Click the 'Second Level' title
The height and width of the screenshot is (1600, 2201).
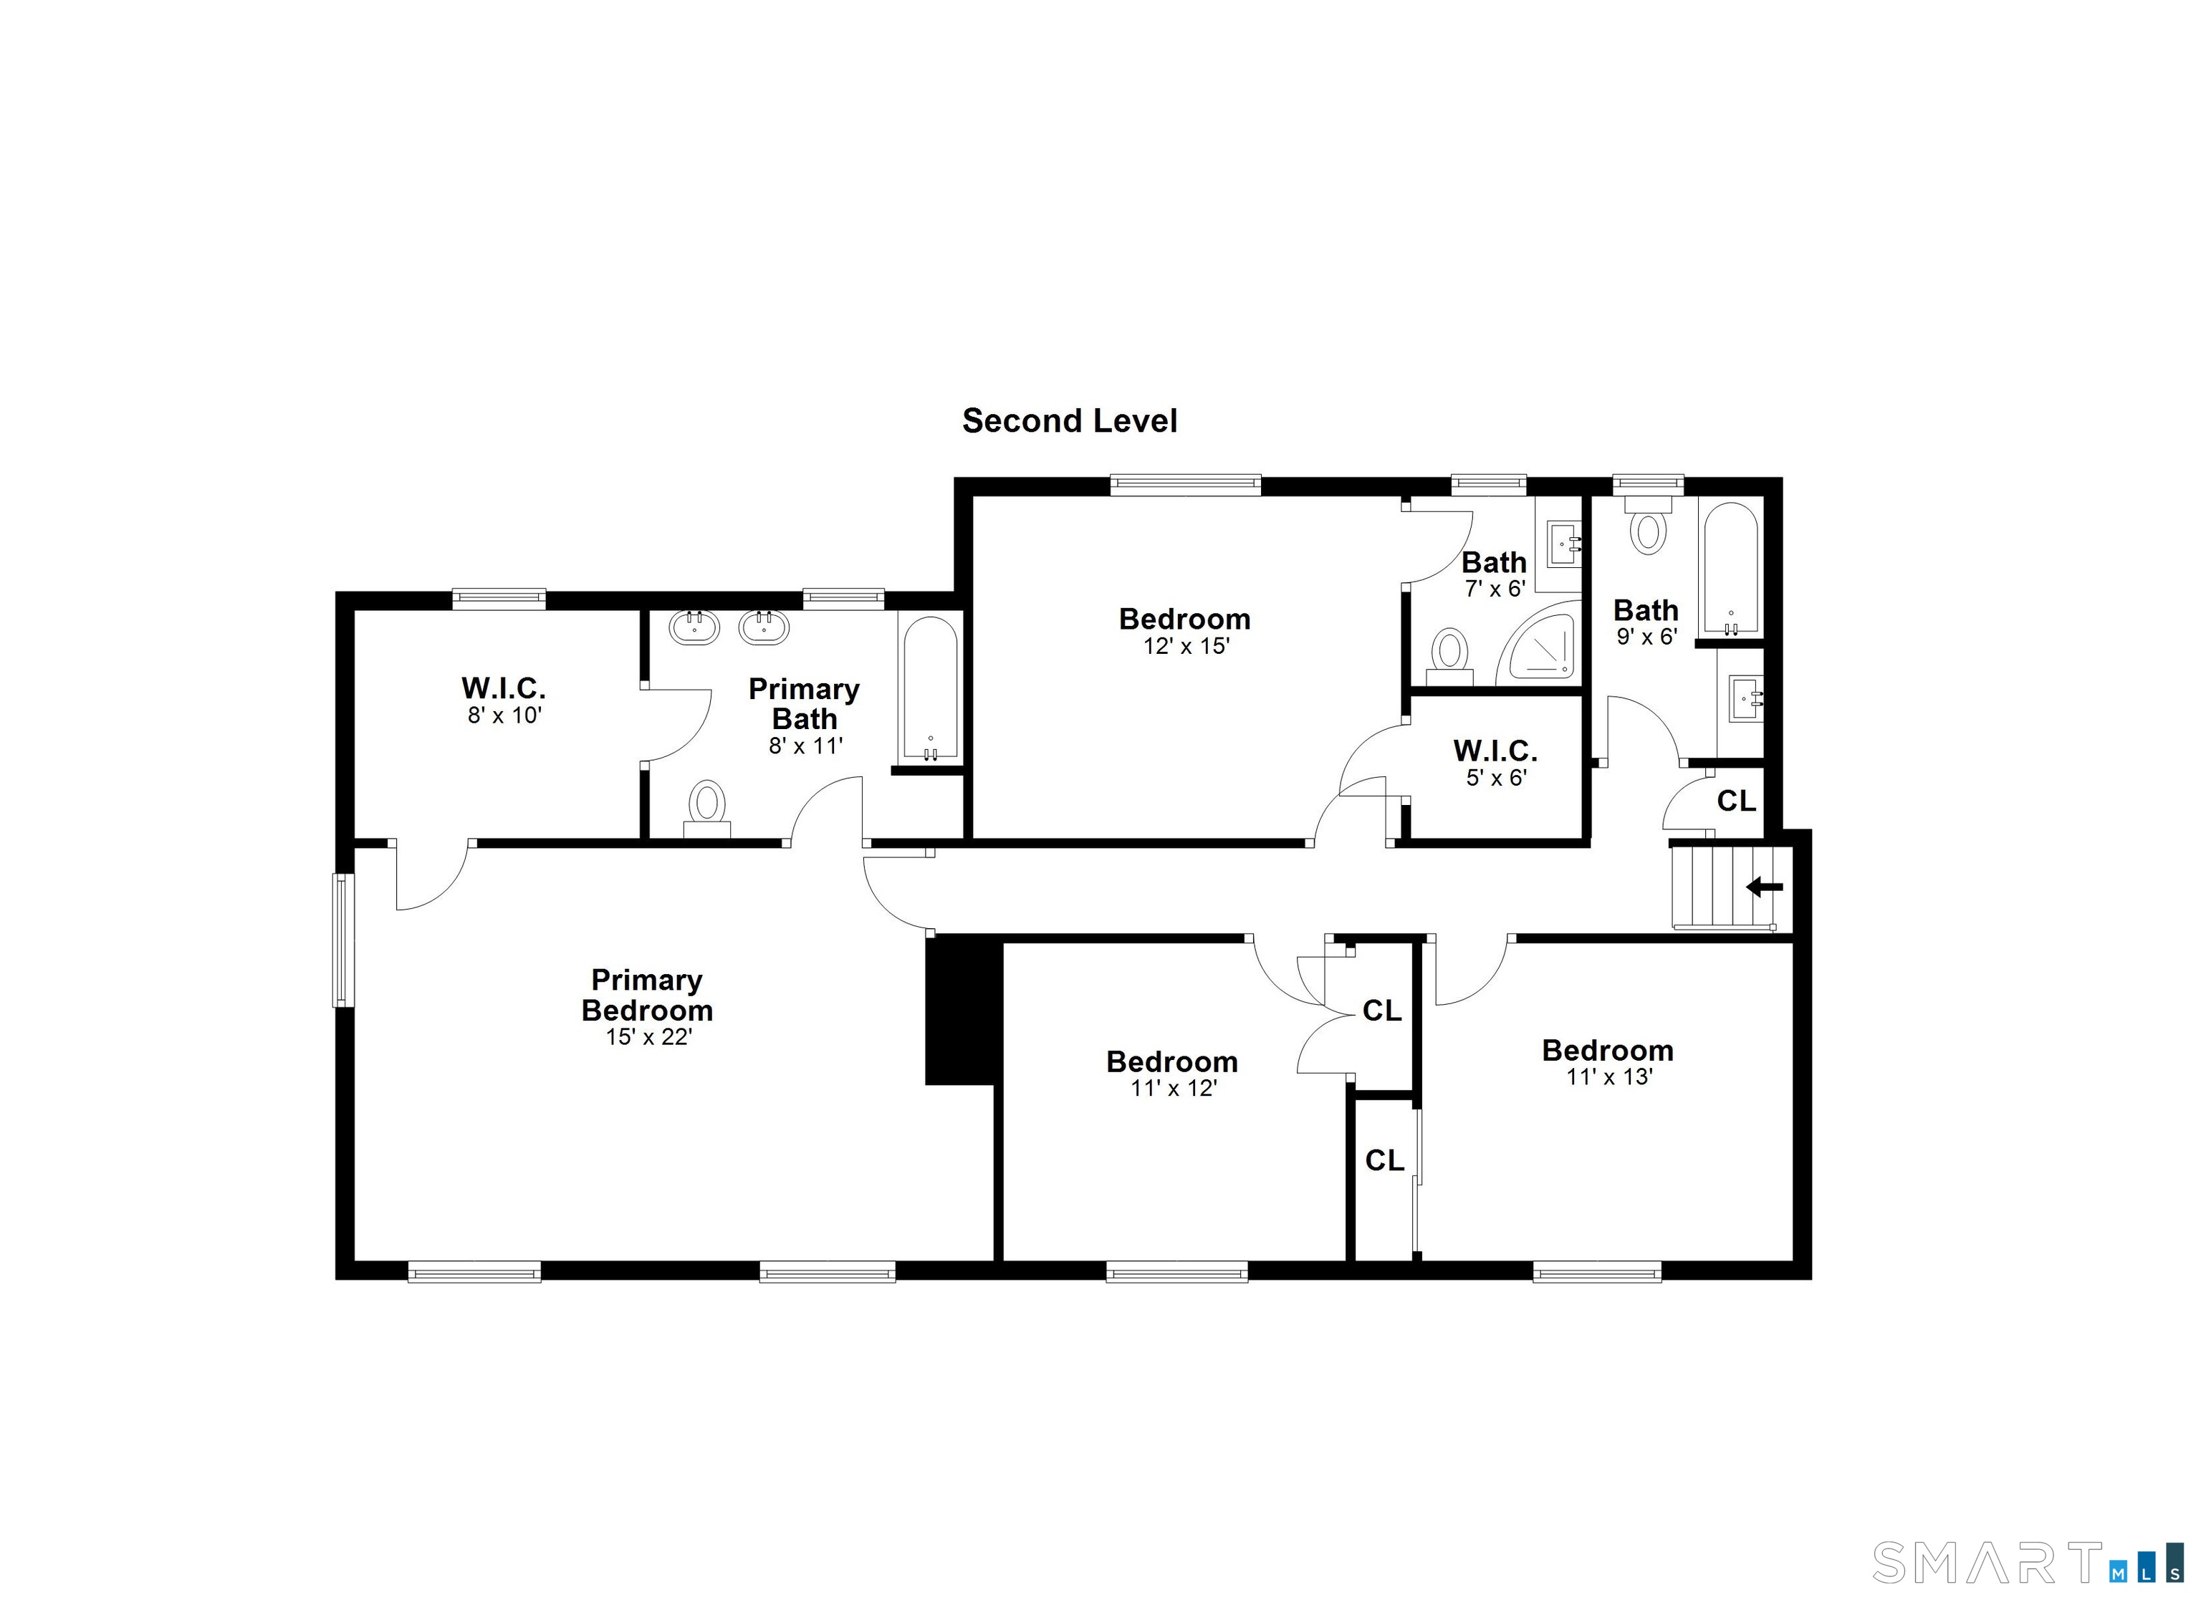click(1070, 421)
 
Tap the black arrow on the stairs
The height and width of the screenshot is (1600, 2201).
click(1764, 887)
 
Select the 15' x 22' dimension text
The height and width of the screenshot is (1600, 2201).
click(648, 1037)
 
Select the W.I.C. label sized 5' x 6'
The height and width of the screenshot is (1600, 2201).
click(1495, 751)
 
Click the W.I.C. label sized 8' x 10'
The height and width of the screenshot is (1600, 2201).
click(504, 689)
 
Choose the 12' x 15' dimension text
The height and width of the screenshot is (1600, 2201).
click(1186, 646)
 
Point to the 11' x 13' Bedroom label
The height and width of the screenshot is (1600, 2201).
click(1608, 1050)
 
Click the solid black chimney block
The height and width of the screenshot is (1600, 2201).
click(962, 1009)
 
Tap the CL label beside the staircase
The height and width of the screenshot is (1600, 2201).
click(1736, 801)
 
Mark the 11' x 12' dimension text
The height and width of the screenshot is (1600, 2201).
click(1174, 1089)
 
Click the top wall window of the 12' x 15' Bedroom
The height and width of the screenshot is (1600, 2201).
click(1185, 484)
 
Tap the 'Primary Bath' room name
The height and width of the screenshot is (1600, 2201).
click(805, 703)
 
